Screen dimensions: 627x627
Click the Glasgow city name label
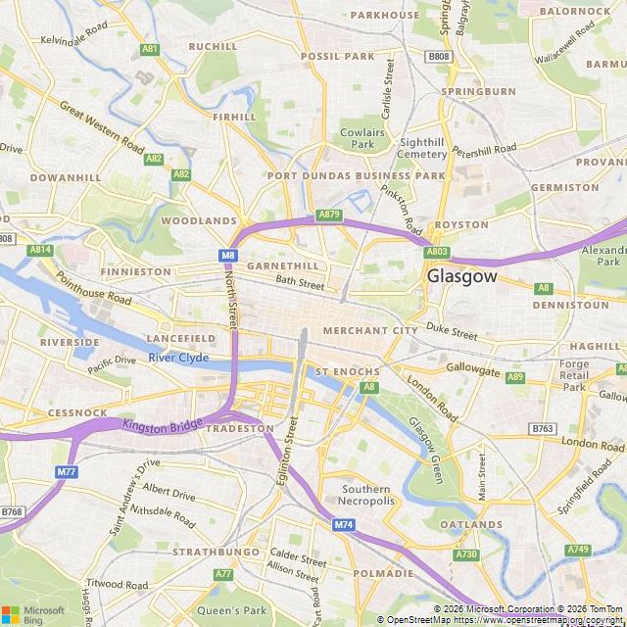[461, 277]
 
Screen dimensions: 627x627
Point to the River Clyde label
[179, 358]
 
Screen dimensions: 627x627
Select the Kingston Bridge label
[162, 425]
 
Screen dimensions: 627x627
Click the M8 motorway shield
[228, 256]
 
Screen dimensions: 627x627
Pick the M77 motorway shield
[67, 472]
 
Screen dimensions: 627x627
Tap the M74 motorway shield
[343, 526]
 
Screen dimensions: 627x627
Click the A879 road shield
[329, 215]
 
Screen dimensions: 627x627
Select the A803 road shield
[437, 252]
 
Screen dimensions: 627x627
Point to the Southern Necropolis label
[367, 495]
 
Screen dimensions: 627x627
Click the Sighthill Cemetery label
[423, 148]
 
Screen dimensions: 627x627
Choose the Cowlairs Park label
[358, 137]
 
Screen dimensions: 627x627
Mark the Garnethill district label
[283, 265]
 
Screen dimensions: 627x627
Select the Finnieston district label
[135, 271]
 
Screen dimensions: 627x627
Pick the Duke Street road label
[451, 332]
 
